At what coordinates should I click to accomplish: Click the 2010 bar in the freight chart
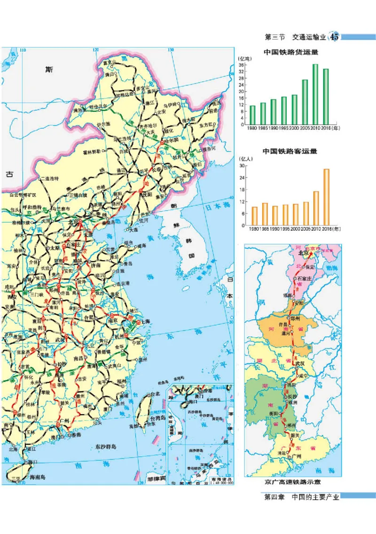315,94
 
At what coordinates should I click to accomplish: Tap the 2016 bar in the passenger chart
326,197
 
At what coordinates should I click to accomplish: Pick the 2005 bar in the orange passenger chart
306,213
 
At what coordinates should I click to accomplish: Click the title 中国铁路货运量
290,53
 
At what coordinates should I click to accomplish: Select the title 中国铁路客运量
290,152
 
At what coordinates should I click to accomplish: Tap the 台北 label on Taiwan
154,394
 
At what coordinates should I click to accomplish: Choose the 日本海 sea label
215,205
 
